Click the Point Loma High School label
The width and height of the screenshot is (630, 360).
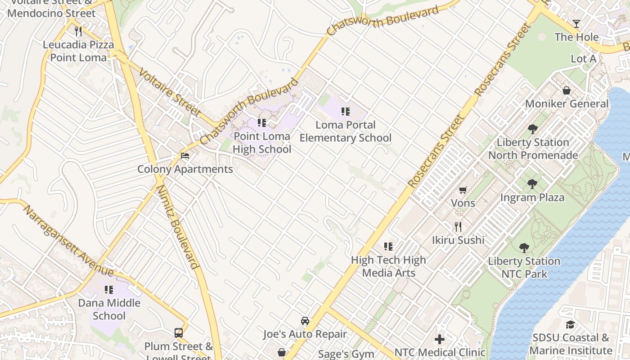262,143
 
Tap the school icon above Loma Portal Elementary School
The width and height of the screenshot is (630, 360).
346,112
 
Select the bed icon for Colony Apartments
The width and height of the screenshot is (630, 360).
185,156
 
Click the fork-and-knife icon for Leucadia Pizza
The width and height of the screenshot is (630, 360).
78,31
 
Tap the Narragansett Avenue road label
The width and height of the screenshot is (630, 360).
68,241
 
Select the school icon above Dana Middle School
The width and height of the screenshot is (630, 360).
109,290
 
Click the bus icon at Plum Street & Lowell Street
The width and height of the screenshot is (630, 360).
179,333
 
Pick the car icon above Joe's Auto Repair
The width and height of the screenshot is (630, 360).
305,321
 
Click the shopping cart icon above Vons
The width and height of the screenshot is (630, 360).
463,190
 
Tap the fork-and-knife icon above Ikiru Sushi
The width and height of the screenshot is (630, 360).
458,226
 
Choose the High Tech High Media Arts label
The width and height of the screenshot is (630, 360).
388,266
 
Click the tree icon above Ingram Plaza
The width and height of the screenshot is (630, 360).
532,184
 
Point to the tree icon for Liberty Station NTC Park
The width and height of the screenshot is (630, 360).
524,248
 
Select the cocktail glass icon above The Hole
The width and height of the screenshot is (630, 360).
576,24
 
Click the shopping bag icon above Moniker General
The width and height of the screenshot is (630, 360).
567,90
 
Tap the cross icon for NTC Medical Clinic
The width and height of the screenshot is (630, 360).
440,339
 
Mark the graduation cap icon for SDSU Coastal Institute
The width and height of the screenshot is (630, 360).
570,324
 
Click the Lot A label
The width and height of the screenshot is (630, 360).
583,59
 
